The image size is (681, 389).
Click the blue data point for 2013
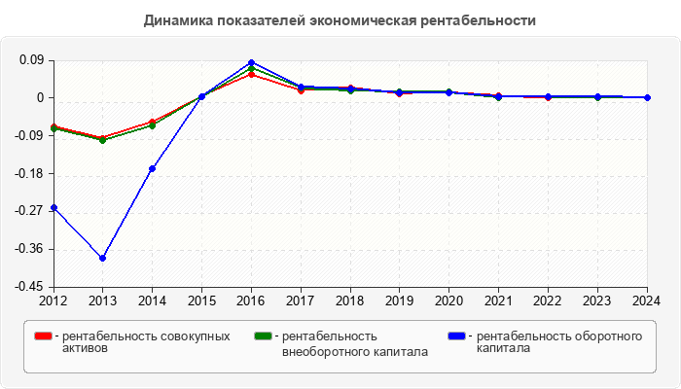coord(102,258)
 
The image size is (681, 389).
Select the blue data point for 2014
coord(152,168)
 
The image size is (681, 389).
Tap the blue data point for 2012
coord(54,207)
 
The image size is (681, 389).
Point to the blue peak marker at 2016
coord(251,62)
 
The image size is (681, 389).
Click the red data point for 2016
coord(251,74)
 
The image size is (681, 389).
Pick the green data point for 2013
coord(102,140)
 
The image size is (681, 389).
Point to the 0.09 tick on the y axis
coord(31,60)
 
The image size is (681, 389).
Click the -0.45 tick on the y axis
coord(28,287)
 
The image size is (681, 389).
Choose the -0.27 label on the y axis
coord(28,211)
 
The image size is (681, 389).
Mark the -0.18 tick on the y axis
coord(28,174)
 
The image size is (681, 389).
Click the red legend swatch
coord(43,336)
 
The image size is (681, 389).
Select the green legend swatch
coord(261,336)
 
